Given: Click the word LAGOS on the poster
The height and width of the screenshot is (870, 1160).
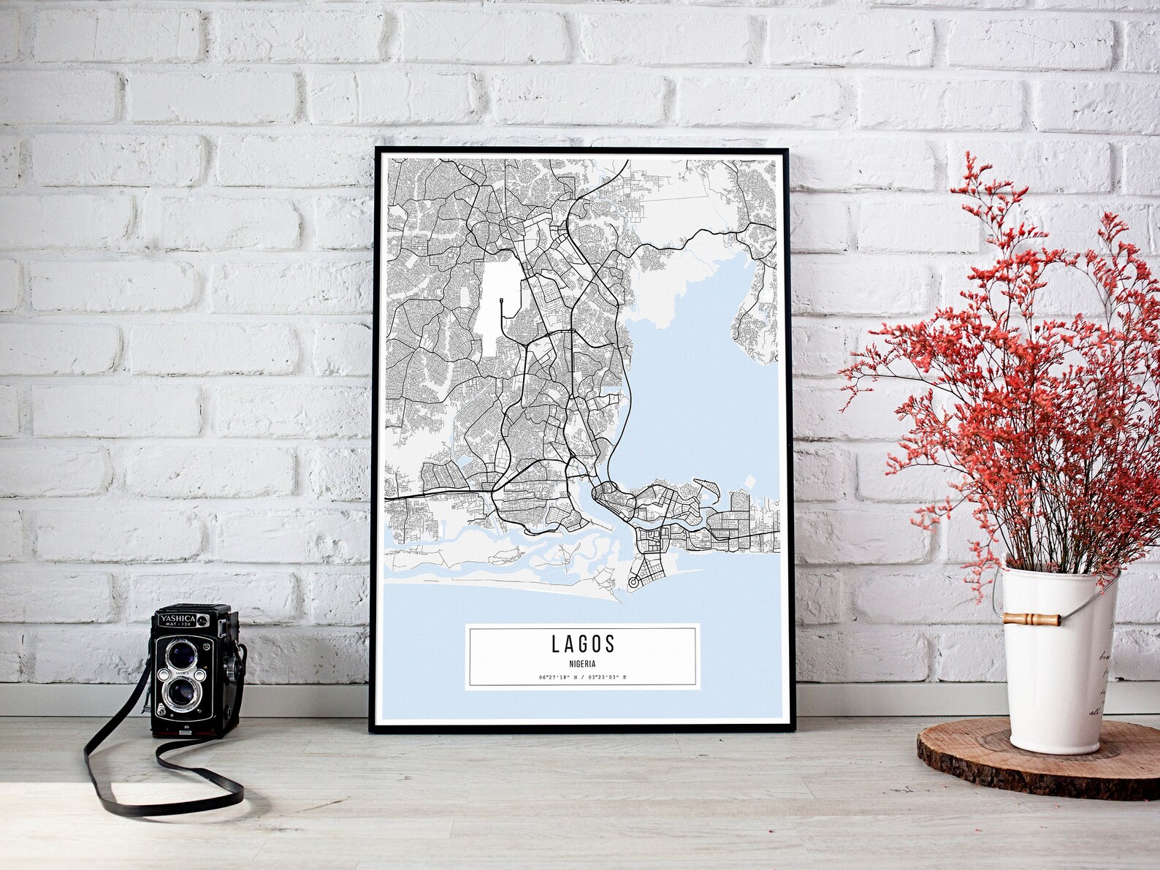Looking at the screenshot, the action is coord(583,644).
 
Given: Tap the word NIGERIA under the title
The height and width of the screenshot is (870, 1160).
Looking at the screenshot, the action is coord(583,664).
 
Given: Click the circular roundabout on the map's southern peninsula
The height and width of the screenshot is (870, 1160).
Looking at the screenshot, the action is coord(633,582).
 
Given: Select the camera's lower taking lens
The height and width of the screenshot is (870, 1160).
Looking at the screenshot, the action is coord(179,694).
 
